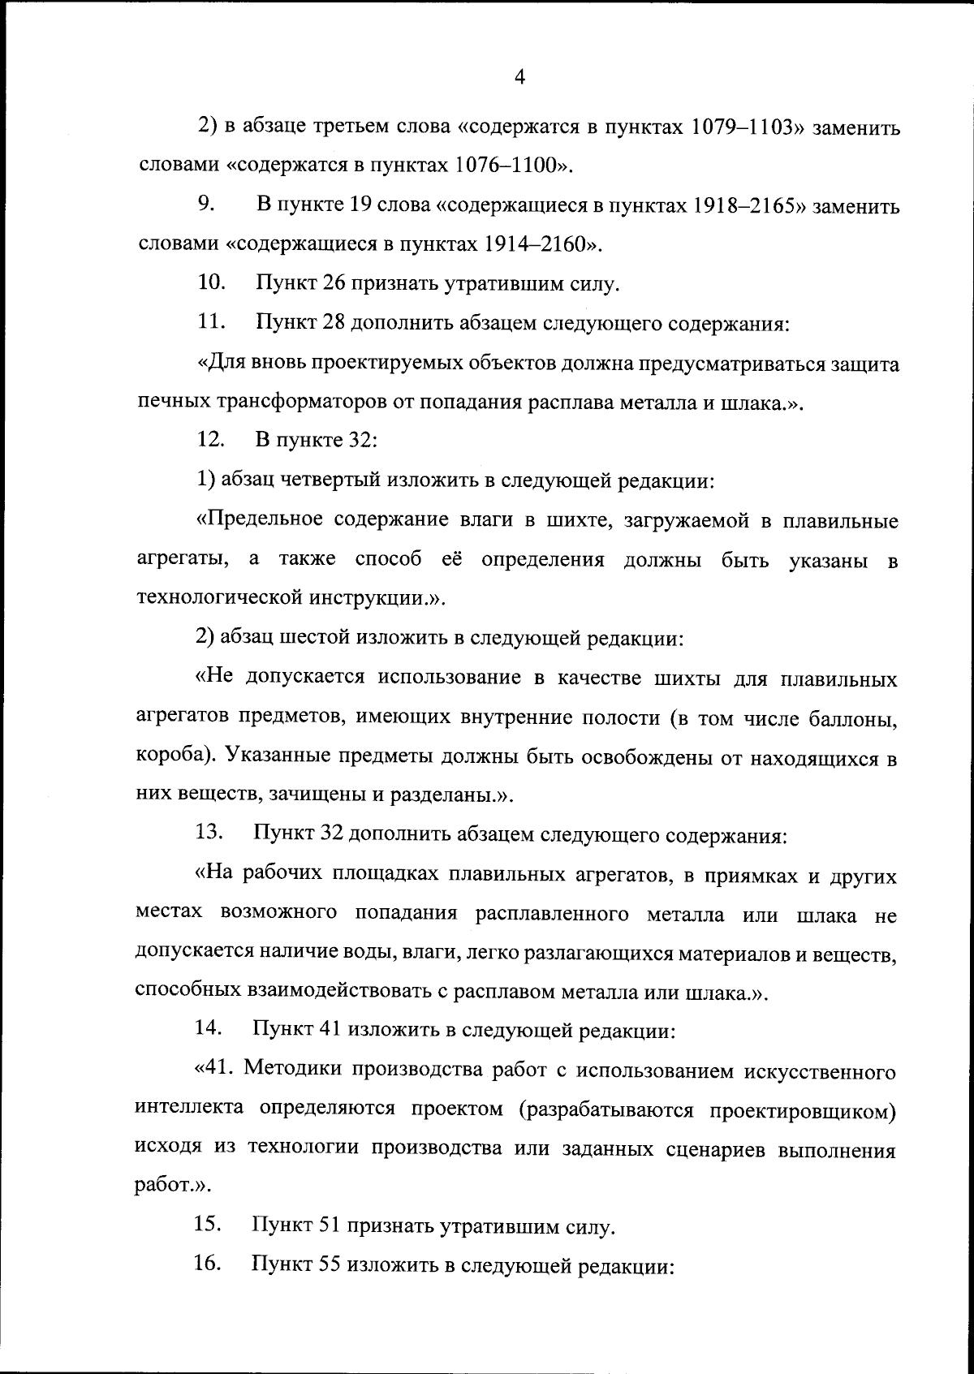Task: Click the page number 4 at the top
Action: tap(520, 78)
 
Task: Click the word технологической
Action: tap(215, 599)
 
